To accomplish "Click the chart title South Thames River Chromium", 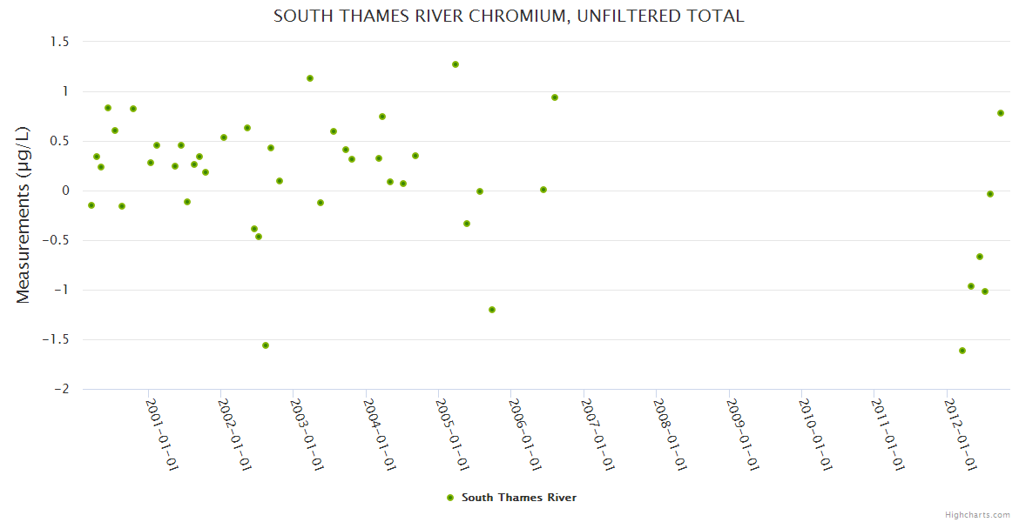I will pos(509,16).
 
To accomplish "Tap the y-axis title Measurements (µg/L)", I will pos(24,215).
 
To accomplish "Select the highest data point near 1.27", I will pos(456,64).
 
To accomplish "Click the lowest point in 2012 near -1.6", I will pos(962,351).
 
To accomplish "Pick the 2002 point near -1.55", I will pos(266,345).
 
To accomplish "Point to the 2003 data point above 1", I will pos(310,78).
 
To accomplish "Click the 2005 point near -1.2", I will pos(492,310).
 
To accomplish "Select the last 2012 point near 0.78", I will pos(1001,113).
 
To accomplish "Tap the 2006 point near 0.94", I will pos(555,97).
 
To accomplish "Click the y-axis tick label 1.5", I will pos(59,42).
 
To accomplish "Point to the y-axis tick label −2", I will pos(61,390).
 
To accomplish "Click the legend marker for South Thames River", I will pos(449,498).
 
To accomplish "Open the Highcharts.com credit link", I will pos(977,514).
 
